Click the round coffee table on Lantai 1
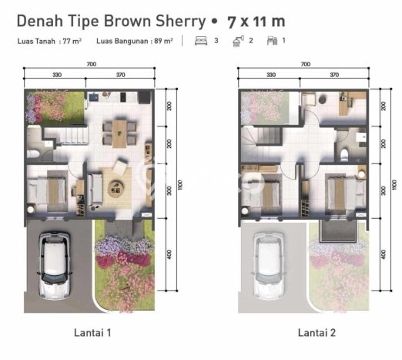(118, 187)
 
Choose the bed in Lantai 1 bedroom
(53, 190)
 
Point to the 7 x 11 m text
(253, 19)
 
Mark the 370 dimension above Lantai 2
(333, 75)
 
